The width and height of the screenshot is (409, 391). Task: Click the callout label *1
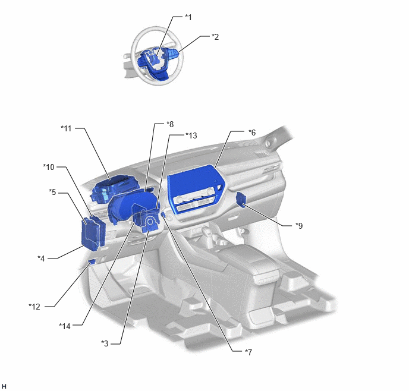[x=188, y=17]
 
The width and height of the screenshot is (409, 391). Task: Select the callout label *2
[x=215, y=37]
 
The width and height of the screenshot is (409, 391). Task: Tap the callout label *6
[x=252, y=133]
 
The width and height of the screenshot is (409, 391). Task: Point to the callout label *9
[x=299, y=225]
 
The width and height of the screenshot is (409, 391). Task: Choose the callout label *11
[x=66, y=128]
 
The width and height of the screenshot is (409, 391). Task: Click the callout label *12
[x=34, y=307]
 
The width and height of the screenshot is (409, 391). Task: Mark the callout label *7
[x=248, y=352]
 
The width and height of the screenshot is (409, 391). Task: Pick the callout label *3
[x=105, y=343]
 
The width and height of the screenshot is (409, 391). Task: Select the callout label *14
[x=65, y=326]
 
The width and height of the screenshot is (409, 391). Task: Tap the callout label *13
[x=191, y=135]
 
